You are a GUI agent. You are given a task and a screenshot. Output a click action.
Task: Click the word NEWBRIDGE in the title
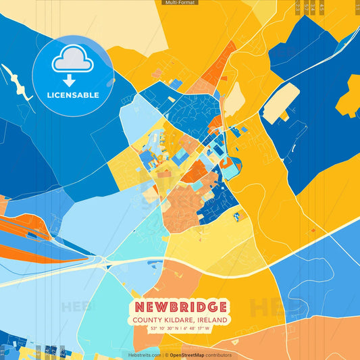tap(180, 307)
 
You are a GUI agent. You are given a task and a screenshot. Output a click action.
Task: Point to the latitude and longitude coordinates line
tap(180, 329)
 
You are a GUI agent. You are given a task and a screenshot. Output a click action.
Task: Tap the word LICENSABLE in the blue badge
tap(72, 95)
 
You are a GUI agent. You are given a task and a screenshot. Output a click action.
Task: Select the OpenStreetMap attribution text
tap(190, 355)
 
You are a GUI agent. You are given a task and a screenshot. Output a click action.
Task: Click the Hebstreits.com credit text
tap(145, 355)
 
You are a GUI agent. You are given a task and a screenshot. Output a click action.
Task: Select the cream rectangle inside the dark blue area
tap(281, 103)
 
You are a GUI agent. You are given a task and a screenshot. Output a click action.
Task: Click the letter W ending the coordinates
tap(208, 329)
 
